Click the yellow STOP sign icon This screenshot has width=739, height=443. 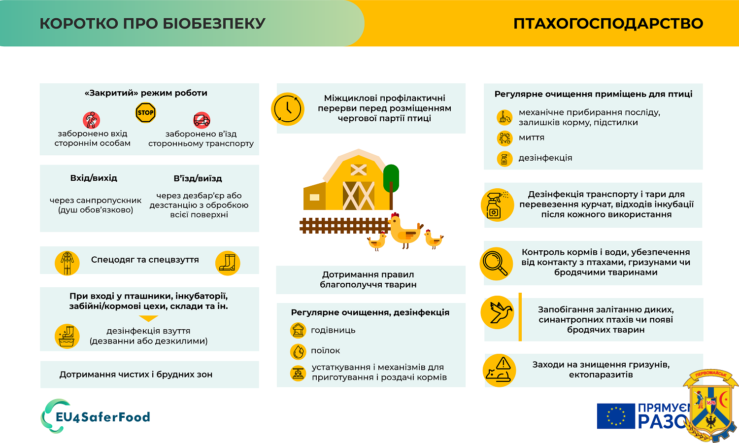click(145, 112)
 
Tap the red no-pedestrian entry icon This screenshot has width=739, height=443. click(91, 120)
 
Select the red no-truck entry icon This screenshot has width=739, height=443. click(202, 120)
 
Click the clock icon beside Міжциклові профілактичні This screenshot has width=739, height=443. click(288, 109)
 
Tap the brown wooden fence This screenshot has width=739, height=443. click(345, 226)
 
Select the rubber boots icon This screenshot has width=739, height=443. click(228, 263)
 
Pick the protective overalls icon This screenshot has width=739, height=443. click(67, 263)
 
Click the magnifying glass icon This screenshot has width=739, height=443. click(496, 264)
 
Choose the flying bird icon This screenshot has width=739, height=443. click(498, 312)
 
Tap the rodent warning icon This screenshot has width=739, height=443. click(499, 371)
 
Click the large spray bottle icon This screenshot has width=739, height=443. click(498, 205)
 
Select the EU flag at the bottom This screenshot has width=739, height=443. click(616, 416)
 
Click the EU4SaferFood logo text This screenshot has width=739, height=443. click(103, 417)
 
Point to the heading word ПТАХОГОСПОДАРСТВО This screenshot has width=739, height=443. click(608, 24)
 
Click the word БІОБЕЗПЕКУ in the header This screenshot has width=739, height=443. click(214, 24)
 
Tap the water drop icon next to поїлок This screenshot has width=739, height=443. click(298, 351)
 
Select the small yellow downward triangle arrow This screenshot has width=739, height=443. click(148, 318)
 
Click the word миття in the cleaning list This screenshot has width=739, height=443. click(532, 137)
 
